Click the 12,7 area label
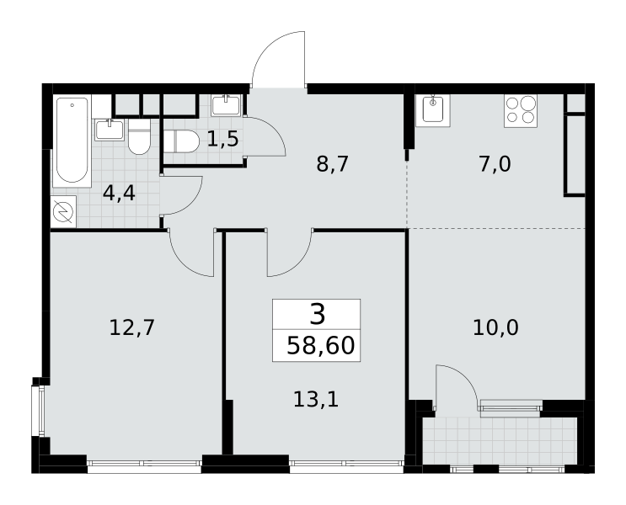[x=131, y=328]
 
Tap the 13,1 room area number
[x=316, y=399]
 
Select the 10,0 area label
[x=496, y=328]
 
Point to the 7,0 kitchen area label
[x=495, y=164]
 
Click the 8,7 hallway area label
[x=333, y=164]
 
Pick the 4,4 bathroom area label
[x=119, y=194]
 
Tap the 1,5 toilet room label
[x=222, y=139]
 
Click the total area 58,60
[x=321, y=345]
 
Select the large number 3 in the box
[x=318, y=314]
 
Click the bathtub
[x=72, y=141]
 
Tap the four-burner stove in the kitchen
[x=521, y=110]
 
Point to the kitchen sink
[x=433, y=110]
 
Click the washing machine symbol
[x=63, y=211]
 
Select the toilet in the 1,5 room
[x=181, y=141]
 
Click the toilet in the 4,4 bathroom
[x=139, y=137]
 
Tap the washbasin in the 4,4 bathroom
[x=110, y=130]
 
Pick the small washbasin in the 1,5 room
[x=226, y=105]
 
